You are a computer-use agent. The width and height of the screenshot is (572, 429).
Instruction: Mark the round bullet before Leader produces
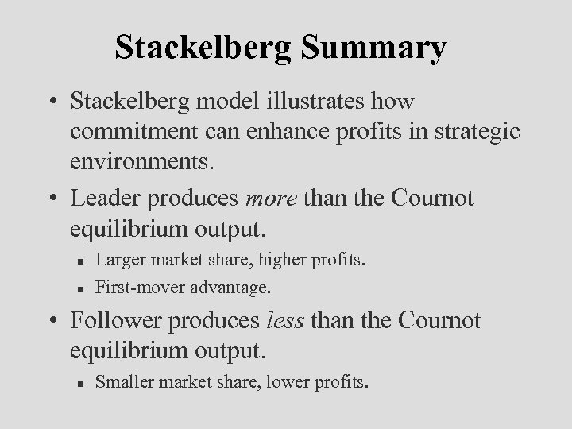pyautogui.click(x=56, y=199)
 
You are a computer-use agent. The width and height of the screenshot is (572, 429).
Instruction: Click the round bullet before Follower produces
pyautogui.click(x=56, y=321)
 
